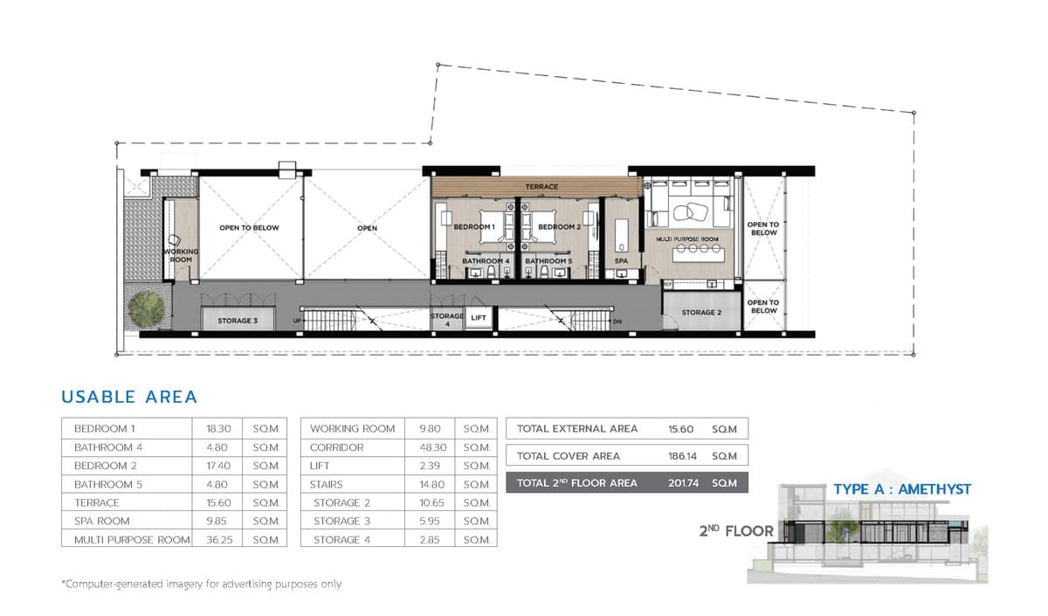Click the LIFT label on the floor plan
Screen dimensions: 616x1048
(478, 318)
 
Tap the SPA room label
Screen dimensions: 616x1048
(621, 260)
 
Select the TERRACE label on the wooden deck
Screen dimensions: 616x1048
(541, 187)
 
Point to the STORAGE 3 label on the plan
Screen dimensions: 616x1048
(238, 321)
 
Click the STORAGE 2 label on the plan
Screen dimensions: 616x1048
(701, 312)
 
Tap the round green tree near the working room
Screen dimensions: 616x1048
(147, 308)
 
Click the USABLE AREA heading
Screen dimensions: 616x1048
(129, 397)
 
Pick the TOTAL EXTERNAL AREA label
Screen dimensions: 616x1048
(577, 429)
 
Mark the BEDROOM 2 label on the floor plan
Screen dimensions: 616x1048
(558, 227)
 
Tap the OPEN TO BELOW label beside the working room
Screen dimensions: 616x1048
(249, 228)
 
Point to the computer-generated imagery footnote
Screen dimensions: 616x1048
(201, 584)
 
